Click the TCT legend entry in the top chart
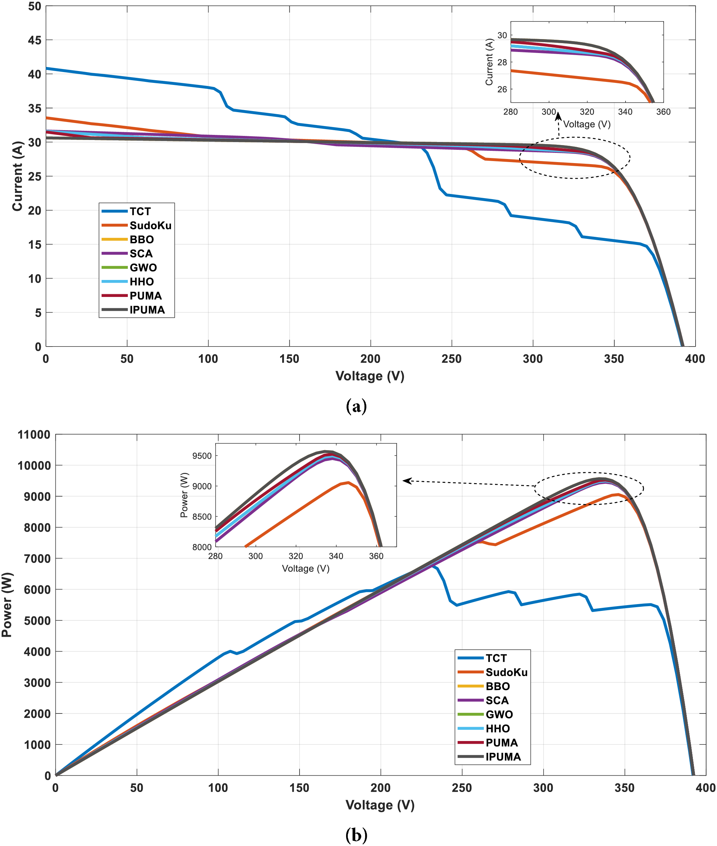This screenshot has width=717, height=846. [140, 211]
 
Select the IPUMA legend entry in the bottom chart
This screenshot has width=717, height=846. [503, 757]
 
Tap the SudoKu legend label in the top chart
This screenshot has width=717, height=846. [150, 225]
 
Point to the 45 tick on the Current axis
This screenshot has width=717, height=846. [35, 40]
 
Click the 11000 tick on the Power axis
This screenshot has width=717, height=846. [34, 435]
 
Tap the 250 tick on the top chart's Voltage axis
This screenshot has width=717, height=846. [451, 359]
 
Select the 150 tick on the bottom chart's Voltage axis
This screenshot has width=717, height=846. [299, 788]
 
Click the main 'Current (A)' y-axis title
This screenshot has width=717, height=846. [17, 176]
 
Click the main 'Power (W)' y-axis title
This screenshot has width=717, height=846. [7, 605]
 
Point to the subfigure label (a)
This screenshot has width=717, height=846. [357, 406]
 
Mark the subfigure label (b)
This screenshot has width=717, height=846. [357, 835]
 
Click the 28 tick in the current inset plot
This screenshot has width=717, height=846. [502, 62]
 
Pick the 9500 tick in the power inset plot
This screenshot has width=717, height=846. [202, 456]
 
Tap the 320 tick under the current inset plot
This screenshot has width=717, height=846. [587, 112]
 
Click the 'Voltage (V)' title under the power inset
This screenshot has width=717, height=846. [306, 568]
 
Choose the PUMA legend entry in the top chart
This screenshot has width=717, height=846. [146, 296]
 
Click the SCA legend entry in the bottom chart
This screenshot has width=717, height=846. [497, 701]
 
